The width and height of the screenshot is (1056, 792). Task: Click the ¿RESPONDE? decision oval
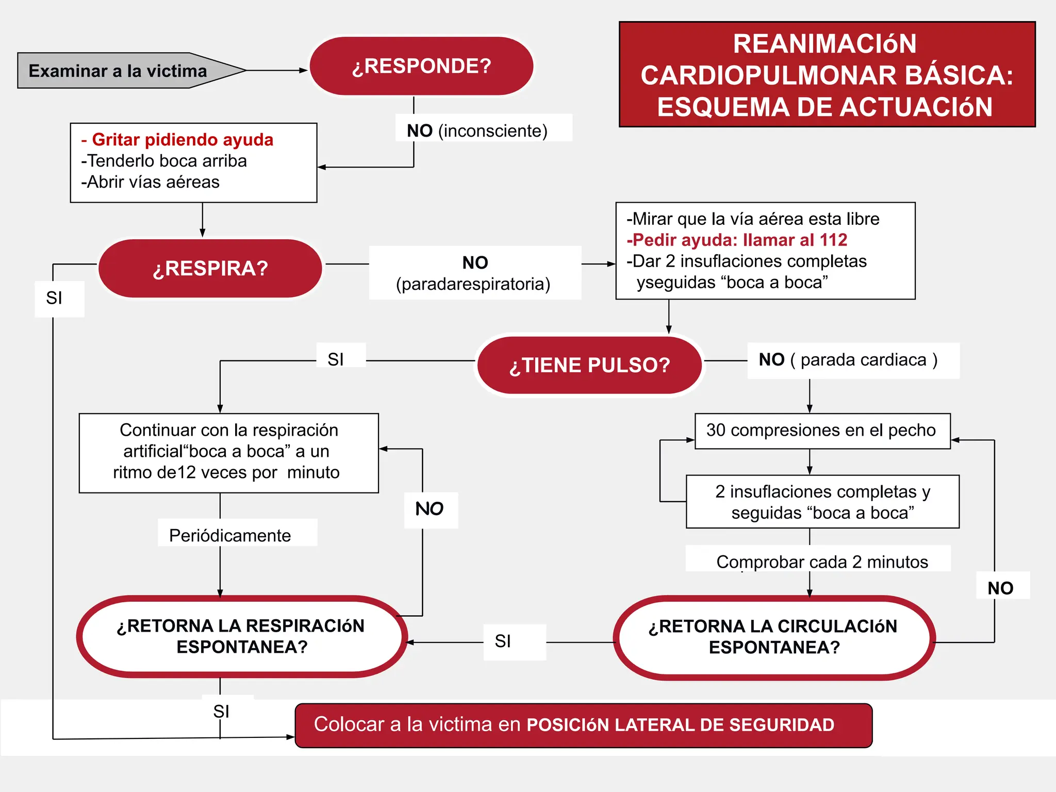[421, 66]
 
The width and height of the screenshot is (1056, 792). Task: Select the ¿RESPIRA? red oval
[210, 268]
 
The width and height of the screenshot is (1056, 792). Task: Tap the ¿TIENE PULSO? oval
[589, 365]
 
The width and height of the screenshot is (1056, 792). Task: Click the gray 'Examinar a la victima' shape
[119, 71]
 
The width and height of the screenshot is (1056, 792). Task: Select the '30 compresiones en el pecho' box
[822, 431]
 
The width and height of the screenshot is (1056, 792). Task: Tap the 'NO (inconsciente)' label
[477, 130]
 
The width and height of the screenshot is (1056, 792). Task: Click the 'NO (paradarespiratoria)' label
[474, 273]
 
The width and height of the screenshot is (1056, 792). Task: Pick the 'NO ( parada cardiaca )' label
[849, 360]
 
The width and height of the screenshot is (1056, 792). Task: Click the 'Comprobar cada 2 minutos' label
[822, 562]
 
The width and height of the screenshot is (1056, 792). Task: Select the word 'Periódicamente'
[230, 535]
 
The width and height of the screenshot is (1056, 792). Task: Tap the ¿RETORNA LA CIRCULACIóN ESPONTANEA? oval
[773, 637]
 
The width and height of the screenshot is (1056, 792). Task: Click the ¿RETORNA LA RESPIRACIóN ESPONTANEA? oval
[241, 636]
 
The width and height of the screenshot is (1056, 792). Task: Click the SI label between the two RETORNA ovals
[503, 641]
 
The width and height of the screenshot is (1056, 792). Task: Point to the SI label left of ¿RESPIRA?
[55, 298]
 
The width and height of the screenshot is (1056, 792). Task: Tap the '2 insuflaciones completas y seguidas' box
[822, 502]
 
